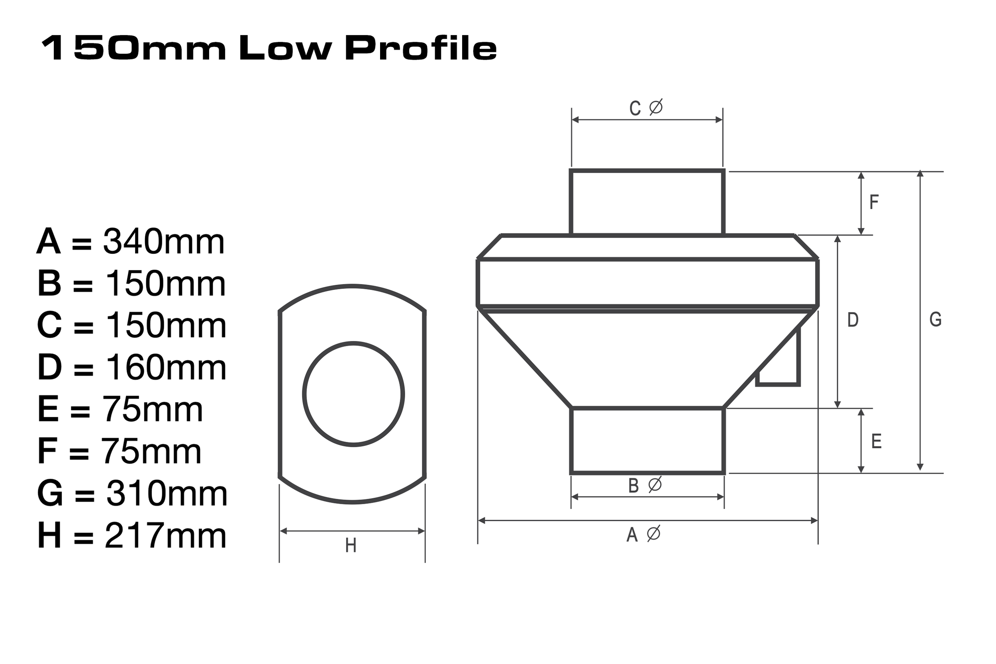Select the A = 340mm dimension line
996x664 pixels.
click(x=130, y=242)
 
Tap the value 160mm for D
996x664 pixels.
click(x=166, y=368)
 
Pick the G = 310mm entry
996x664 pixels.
click(x=132, y=494)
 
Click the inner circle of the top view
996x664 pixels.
click(x=353, y=394)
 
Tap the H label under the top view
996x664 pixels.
click(x=351, y=546)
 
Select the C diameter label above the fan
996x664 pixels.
click(x=645, y=108)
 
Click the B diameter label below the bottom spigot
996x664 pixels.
click(x=645, y=486)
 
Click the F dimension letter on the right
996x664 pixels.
click(x=874, y=202)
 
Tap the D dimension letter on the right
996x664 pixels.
click(x=853, y=320)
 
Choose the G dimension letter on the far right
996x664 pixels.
click(x=935, y=320)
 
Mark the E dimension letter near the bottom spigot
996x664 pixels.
click(x=876, y=442)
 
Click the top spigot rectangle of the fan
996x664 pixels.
click(x=647, y=202)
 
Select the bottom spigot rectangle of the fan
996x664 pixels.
click(x=647, y=441)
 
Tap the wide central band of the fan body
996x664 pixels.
click(x=647, y=282)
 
